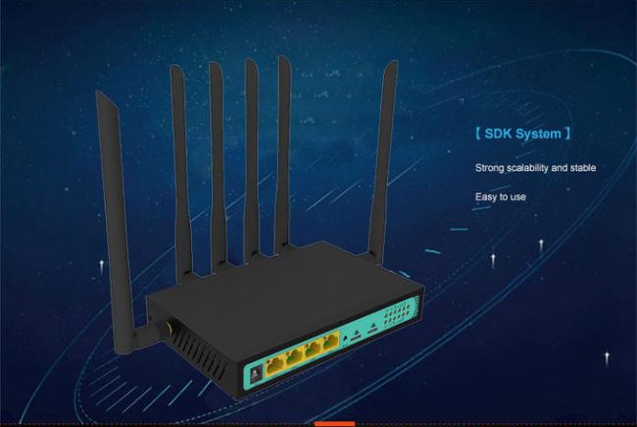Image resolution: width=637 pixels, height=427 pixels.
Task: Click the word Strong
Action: pos(490,168)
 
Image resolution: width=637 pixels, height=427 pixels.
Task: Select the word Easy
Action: pos(487,196)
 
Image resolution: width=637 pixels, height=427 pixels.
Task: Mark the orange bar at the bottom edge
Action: pos(334,423)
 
